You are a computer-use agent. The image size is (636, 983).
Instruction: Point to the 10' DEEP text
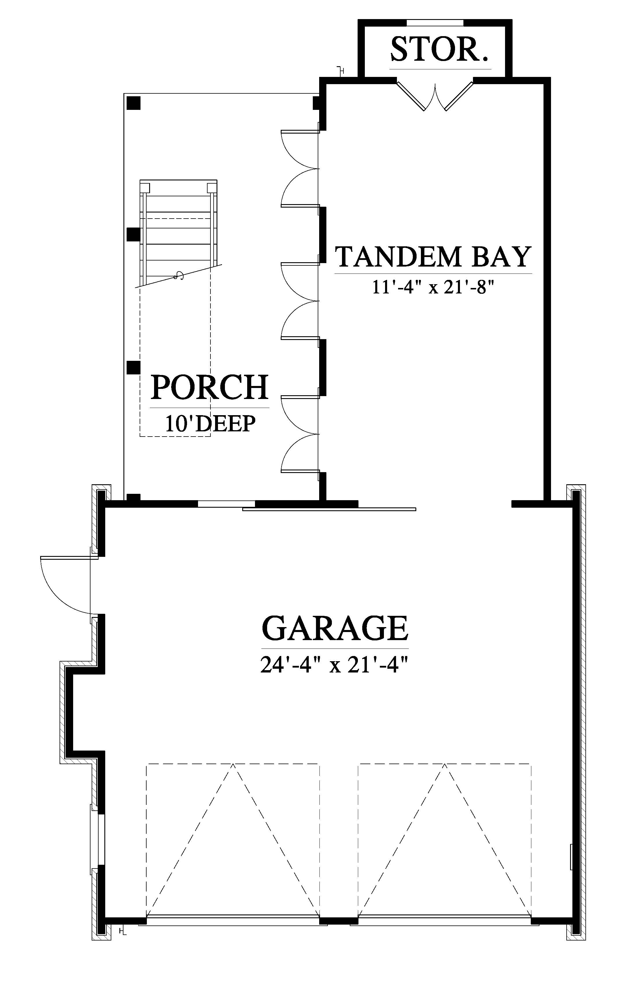pos(210,423)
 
